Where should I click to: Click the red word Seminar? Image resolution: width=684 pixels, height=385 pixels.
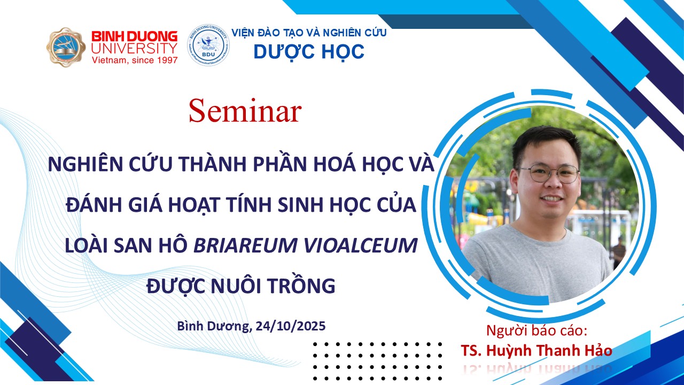pyautogui.click(x=245, y=111)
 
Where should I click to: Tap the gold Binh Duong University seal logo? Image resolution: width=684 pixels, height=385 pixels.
pyautogui.click(x=66, y=48)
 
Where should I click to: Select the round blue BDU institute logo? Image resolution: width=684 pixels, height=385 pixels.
pyautogui.click(x=208, y=45)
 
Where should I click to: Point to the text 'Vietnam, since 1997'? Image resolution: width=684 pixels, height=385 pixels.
pyautogui.click(x=135, y=60)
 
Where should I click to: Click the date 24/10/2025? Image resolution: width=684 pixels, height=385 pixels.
pyautogui.click(x=290, y=326)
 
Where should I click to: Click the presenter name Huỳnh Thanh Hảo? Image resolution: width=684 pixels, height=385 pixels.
pyautogui.click(x=549, y=351)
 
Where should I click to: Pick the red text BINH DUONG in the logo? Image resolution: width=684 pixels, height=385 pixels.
pyautogui.click(x=135, y=37)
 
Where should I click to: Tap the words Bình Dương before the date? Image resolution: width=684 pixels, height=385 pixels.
pyautogui.click(x=213, y=326)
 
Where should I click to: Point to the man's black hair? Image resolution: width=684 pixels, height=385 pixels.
pyautogui.click(x=547, y=144)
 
